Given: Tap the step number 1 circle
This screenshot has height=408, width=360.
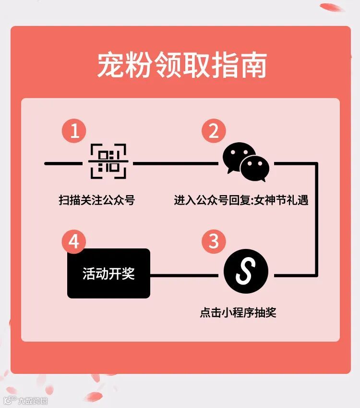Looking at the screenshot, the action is tap(75, 131).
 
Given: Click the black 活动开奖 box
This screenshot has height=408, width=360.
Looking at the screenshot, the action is tap(108, 273).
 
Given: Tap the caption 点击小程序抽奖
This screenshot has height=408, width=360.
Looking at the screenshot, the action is tap(238, 313).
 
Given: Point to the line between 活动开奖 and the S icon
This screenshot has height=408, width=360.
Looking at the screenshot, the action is tap(187, 275).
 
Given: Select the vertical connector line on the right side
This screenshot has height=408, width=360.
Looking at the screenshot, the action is tap(316, 219).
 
